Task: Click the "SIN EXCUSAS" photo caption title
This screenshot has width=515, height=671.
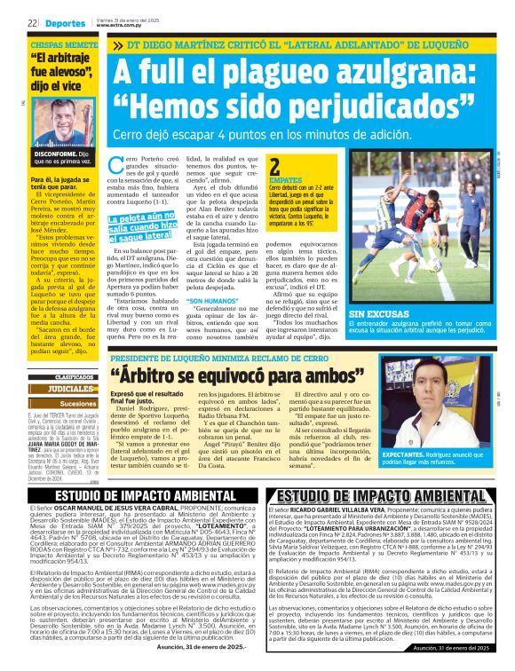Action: click(x=377, y=314)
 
